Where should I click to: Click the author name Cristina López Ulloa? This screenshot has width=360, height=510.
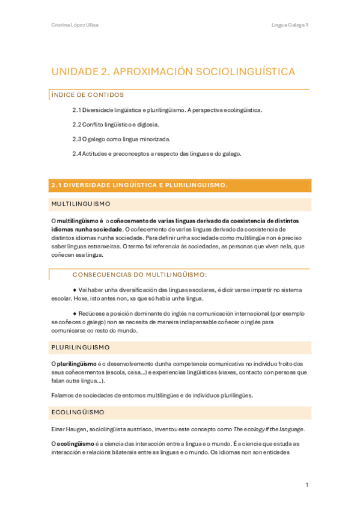75,25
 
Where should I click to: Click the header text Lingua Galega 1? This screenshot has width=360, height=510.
290,25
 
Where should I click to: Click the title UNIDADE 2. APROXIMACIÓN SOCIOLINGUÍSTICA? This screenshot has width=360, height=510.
173,72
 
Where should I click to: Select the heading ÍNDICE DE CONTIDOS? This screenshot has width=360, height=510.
88,94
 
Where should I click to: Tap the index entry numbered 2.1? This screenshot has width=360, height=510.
167,110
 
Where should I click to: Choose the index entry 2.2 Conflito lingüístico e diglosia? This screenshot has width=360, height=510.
115,124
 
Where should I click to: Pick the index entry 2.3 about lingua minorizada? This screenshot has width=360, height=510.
121,139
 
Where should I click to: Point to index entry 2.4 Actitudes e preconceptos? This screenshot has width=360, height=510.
156,153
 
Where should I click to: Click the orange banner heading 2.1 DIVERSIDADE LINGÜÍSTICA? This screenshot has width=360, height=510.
139,185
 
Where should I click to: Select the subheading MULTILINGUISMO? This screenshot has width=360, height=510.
81,204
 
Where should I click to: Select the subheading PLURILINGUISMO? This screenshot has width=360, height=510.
81,348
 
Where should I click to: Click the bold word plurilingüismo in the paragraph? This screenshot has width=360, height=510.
76,364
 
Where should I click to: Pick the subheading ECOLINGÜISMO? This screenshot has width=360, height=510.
78,413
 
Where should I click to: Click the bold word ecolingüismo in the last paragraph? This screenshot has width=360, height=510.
76,444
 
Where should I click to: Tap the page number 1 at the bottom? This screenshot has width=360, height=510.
307,485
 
